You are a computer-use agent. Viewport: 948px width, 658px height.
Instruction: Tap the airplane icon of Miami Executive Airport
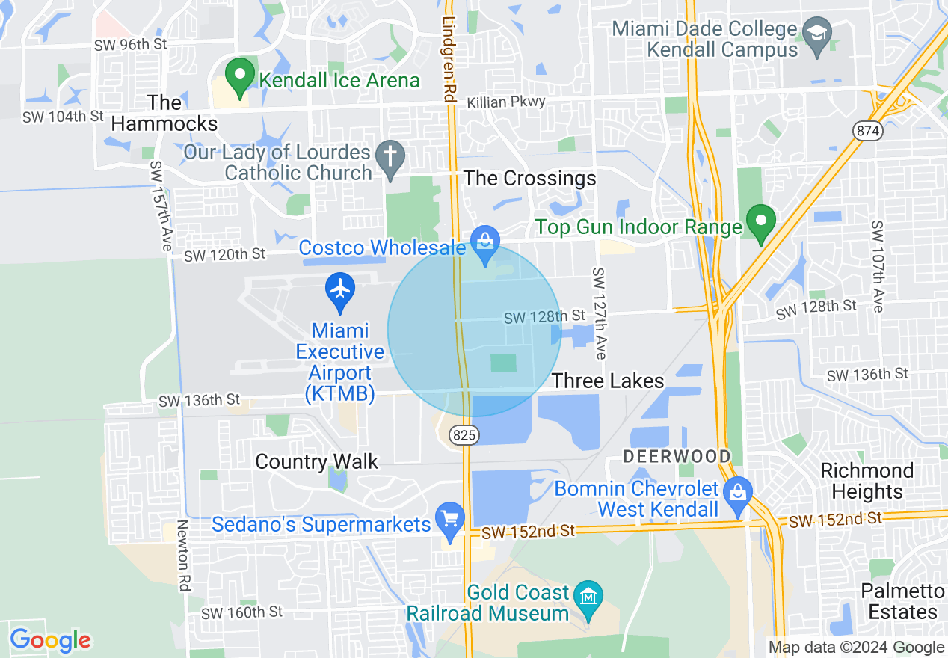coord(341,291)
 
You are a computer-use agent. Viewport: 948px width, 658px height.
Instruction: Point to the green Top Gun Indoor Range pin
coord(761,224)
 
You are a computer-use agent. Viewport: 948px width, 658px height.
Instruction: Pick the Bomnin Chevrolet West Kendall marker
coord(737,495)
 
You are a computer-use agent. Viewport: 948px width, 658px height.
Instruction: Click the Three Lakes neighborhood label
coord(608,381)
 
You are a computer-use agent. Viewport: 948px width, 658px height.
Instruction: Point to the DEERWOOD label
coord(677,455)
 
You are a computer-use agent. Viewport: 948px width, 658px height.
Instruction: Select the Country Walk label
coord(317,461)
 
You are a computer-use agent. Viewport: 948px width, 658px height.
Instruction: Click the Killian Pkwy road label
coord(506,102)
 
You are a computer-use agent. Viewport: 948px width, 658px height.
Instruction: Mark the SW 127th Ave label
coord(599,303)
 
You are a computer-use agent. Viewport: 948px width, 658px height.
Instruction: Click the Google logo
coord(50,640)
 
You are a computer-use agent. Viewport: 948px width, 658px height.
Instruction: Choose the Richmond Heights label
coord(867,481)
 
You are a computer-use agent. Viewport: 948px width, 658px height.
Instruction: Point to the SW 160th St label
coord(242,612)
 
